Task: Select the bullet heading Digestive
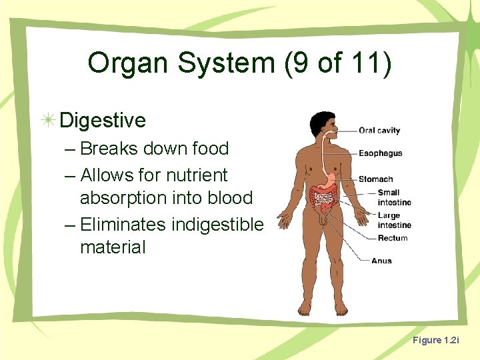[102, 120]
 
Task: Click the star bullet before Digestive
[47, 120]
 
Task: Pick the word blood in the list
[231, 198]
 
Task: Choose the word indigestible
[217, 224]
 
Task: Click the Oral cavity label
[379, 131]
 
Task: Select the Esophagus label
[381, 153]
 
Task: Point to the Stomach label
[376, 179]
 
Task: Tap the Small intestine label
[393, 197]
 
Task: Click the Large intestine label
[393, 221]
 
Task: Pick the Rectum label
[393, 238]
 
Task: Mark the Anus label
[381, 261]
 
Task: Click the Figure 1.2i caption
[435, 340]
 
